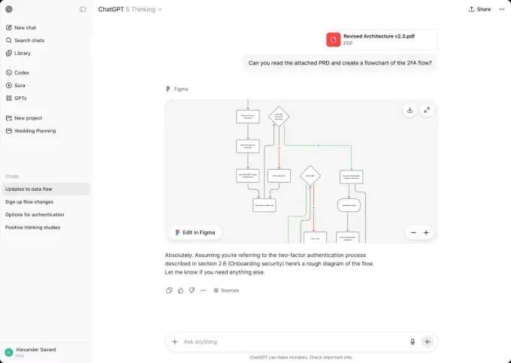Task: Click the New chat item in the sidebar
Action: pyautogui.click(x=26, y=27)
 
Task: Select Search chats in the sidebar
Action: pyautogui.click(x=29, y=40)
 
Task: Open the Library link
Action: pyautogui.click(x=23, y=53)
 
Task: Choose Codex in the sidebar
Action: pyautogui.click(x=21, y=73)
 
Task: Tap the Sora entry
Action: pyautogui.click(x=20, y=86)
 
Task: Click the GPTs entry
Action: pyautogui.click(x=20, y=98)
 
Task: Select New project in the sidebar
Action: pyautogui.click(x=28, y=118)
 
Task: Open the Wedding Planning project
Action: pyautogui.click(x=35, y=131)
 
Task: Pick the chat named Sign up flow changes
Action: pyautogui.click(x=29, y=201)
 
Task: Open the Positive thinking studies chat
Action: pyautogui.click(x=32, y=227)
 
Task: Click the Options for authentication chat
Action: pyautogui.click(x=35, y=214)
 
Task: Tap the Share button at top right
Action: pyautogui.click(x=479, y=9)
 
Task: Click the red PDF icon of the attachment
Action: pyautogui.click(x=333, y=40)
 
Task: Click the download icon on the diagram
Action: pyautogui.click(x=410, y=110)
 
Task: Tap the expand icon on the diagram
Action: pyautogui.click(x=427, y=110)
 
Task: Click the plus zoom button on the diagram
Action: pyautogui.click(x=426, y=233)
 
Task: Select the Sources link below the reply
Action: pyautogui.click(x=226, y=290)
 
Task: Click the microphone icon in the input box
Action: pyautogui.click(x=413, y=342)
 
